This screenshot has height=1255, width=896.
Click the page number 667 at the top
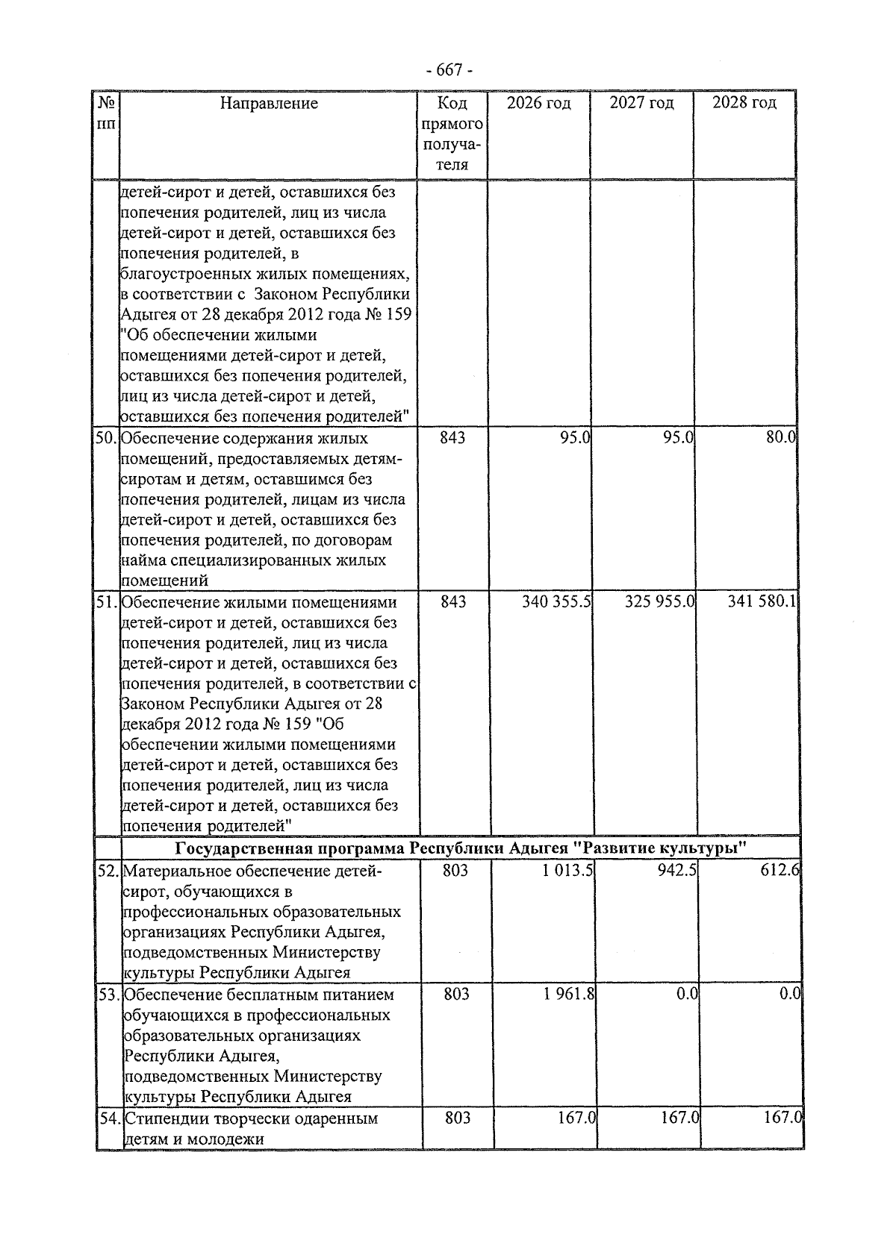(x=449, y=71)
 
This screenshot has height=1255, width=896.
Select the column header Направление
(x=269, y=104)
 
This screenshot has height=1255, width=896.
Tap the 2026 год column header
(x=538, y=103)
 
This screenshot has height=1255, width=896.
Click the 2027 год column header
(x=641, y=103)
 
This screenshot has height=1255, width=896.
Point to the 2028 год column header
(x=744, y=103)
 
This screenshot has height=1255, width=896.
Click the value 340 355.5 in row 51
(x=556, y=601)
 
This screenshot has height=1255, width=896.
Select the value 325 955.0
(x=659, y=601)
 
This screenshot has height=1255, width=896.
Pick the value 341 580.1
(x=762, y=601)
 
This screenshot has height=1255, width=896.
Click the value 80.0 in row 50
(x=781, y=437)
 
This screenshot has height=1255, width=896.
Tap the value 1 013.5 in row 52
(x=568, y=870)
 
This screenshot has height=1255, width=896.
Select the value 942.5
(x=676, y=870)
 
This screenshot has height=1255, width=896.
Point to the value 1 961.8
(x=568, y=994)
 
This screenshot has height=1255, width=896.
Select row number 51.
(x=108, y=601)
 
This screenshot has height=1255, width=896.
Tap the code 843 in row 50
(x=452, y=437)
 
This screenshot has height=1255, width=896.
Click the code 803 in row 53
(x=455, y=994)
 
